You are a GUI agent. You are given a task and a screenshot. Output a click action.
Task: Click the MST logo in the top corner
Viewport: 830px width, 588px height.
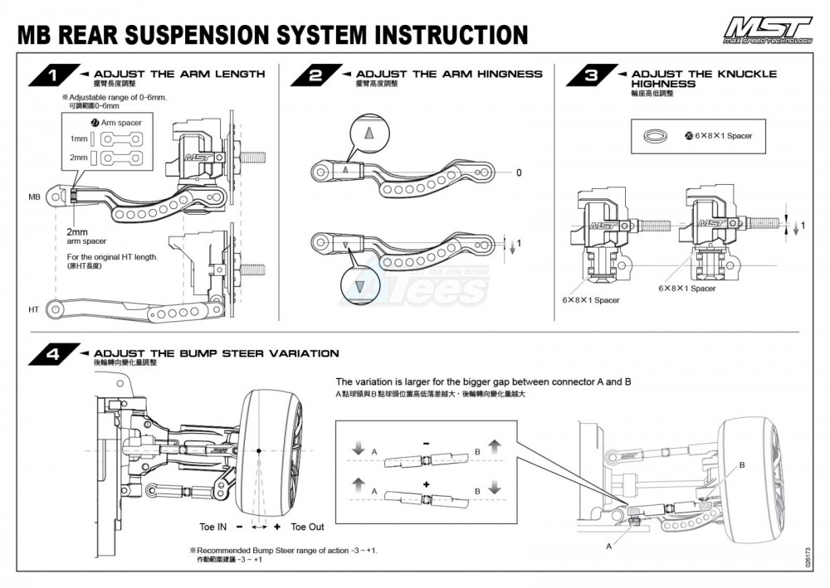[x=766, y=32]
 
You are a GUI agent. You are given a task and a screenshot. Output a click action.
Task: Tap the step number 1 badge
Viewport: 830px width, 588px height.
[x=52, y=77]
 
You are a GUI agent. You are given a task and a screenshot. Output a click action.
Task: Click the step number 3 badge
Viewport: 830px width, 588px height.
[x=590, y=77]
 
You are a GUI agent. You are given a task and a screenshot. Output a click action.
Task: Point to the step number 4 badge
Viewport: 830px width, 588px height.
[x=52, y=356]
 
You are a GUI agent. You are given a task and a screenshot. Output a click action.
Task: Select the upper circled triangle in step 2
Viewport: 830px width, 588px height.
[x=370, y=133]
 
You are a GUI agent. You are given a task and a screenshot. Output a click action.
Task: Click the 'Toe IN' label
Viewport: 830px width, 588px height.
[x=213, y=527]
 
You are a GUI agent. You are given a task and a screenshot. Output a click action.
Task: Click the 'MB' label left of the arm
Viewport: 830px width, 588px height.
[x=34, y=197]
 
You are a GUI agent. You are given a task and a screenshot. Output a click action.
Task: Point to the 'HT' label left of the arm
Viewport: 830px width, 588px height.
[x=34, y=309]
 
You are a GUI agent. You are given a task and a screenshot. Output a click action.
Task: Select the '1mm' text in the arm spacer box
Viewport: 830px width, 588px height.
[x=79, y=138]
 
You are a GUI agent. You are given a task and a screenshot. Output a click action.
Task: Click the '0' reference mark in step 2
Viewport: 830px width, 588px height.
[x=518, y=173]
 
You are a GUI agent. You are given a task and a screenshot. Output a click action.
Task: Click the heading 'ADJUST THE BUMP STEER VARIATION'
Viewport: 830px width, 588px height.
[x=217, y=353]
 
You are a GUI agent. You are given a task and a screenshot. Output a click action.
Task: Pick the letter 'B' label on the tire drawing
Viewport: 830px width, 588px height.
[x=742, y=466]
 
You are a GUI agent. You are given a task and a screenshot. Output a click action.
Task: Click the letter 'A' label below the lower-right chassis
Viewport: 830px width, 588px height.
[x=610, y=546]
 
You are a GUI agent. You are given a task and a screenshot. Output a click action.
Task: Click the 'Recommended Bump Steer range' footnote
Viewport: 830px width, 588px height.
[x=286, y=551]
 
